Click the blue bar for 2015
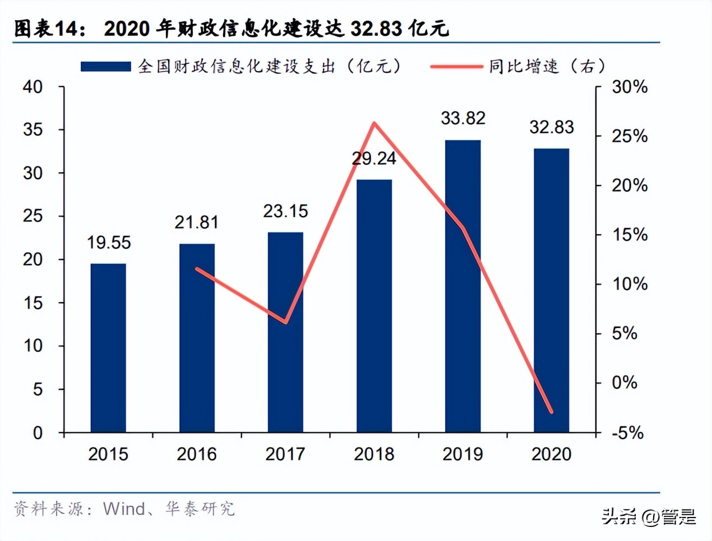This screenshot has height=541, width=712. [108, 347]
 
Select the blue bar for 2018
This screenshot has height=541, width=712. [374, 305]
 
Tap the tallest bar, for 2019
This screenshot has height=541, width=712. [463, 286]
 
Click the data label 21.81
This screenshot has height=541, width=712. [196, 222]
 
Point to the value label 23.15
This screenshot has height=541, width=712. [285, 211]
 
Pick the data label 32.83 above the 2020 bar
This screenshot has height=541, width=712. [552, 127]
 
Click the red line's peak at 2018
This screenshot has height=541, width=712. [374, 123]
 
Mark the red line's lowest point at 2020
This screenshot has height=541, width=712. [552, 412]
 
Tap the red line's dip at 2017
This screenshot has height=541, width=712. [286, 322]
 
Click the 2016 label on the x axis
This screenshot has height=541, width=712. [196, 454]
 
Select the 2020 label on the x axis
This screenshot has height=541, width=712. [551, 454]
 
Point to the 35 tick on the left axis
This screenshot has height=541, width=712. [33, 129]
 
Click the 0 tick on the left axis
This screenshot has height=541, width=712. [38, 433]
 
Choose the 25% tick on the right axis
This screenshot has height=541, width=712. [629, 136]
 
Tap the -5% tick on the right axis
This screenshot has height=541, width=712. [627, 433]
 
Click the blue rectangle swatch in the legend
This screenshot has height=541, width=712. [105, 67]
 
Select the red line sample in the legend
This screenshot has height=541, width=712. [456, 67]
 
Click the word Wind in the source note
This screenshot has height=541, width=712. [124, 509]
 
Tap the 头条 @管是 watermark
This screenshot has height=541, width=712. [649, 516]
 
